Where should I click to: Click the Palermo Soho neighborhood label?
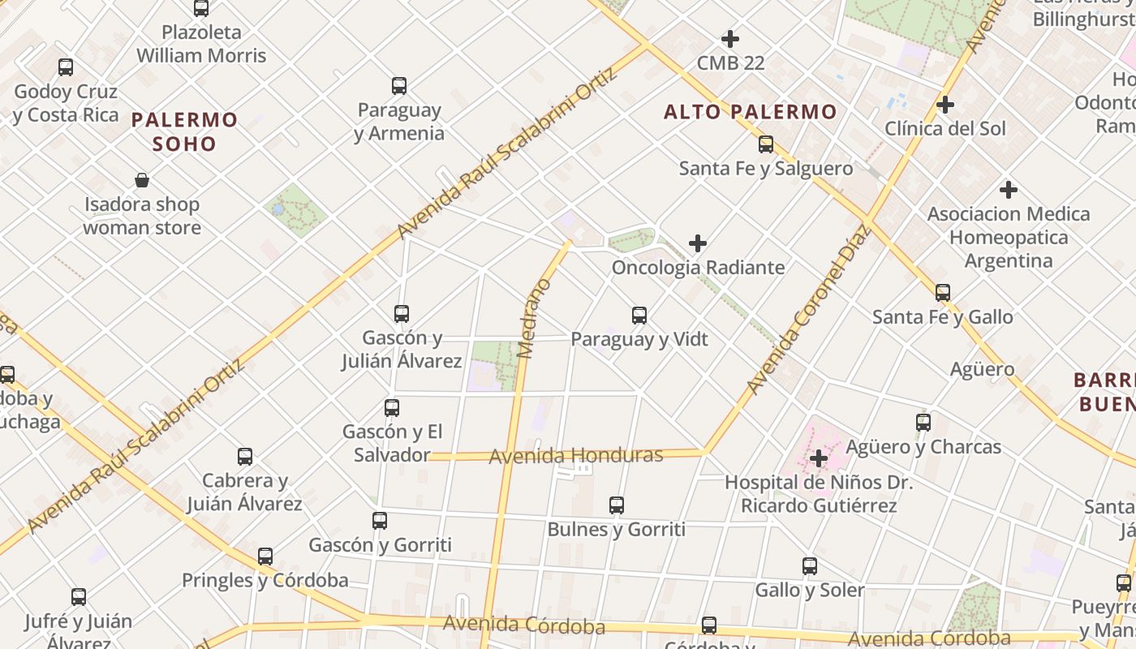pyautogui.click(x=185, y=132)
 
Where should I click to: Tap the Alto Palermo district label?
pyautogui.click(x=750, y=112)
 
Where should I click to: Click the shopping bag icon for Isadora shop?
pyautogui.click(x=142, y=180)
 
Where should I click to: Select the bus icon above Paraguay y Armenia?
pyautogui.click(x=399, y=86)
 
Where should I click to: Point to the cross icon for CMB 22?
pyautogui.click(x=730, y=39)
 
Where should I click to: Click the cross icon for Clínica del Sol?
pyautogui.click(x=945, y=105)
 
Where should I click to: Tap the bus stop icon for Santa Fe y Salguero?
pyautogui.click(x=766, y=144)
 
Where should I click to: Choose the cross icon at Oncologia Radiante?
pyautogui.click(x=698, y=243)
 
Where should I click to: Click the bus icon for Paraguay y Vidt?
pyautogui.click(x=639, y=316)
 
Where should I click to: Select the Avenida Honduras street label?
pyautogui.click(x=576, y=455)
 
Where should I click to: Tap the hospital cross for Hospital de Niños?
pyautogui.click(x=819, y=458)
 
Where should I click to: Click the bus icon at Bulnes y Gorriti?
pyautogui.click(x=617, y=505)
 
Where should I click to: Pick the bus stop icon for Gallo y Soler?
pyautogui.click(x=810, y=566)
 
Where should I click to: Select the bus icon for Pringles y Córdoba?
pyautogui.click(x=265, y=557)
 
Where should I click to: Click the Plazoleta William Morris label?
pyautogui.click(x=201, y=44)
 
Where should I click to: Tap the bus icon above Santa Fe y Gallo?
pyautogui.click(x=943, y=293)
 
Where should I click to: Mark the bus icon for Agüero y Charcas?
pyautogui.click(x=923, y=423)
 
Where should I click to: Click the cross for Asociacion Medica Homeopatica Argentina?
pyautogui.click(x=1009, y=190)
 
